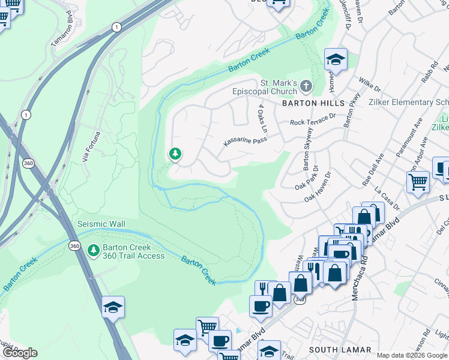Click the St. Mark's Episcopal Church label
coord(278,87)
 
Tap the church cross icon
coord(306,86)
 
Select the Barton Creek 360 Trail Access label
coord(125,251)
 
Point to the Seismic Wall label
coord(101,224)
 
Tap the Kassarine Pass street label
coord(244,142)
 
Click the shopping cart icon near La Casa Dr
coord(418,181)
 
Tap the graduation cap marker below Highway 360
coord(113,307)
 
